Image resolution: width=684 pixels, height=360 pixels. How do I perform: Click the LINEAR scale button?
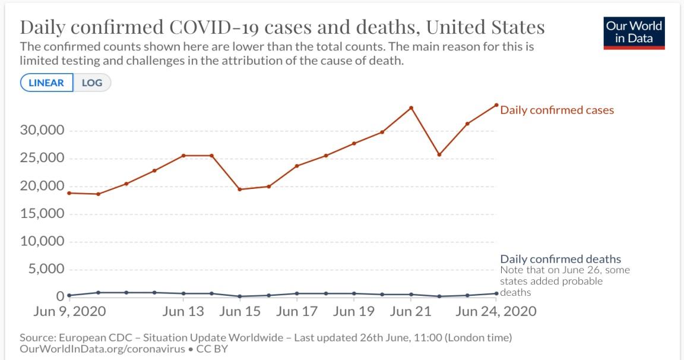(x=46, y=83)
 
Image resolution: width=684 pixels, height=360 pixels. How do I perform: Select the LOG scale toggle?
(x=92, y=83)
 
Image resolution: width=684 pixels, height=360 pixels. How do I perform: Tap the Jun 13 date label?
(x=183, y=311)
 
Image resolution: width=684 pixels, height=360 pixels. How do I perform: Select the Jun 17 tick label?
(x=296, y=311)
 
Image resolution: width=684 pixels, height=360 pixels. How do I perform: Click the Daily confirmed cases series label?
(x=557, y=110)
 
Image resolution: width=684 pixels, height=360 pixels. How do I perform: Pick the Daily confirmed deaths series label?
(x=560, y=259)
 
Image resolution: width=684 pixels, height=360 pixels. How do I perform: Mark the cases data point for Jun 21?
(x=411, y=108)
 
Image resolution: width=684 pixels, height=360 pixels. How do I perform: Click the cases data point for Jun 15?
(x=240, y=190)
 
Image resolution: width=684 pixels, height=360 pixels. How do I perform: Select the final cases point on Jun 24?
(x=496, y=105)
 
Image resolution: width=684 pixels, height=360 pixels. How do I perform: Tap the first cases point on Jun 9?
(x=69, y=193)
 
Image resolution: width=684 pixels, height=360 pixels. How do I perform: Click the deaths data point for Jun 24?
(x=496, y=293)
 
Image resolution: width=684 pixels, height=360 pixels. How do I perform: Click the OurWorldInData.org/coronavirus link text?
(x=102, y=349)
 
